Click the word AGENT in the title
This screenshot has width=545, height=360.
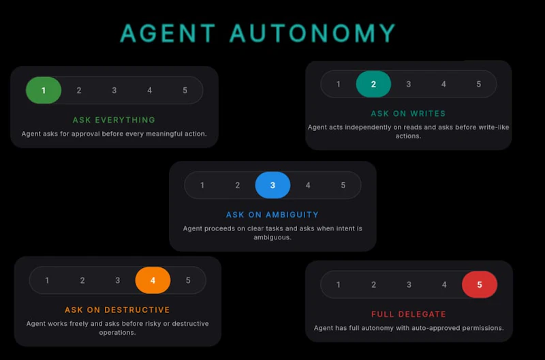[x=168, y=33]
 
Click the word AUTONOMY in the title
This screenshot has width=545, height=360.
[x=313, y=33]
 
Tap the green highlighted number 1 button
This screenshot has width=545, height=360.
[x=44, y=91]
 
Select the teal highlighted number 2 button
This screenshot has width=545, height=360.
[x=373, y=84]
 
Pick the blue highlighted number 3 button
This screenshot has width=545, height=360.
[x=272, y=185]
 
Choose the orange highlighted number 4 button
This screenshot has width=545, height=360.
[x=153, y=280]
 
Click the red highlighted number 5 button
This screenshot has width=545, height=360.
[x=480, y=285]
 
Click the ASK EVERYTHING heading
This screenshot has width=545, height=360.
[x=114, y=120]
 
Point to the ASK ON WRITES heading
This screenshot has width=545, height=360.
[x=408, y=114]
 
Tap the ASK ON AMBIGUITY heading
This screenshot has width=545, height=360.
[x=272, y=215]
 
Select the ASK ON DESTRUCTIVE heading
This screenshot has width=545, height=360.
[x=117, y=310]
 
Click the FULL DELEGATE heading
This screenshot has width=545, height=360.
[x=408, y=314]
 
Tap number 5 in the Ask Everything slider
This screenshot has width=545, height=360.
[x=185, y=91]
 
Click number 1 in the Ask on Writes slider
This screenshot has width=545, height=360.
[x=338, y=84]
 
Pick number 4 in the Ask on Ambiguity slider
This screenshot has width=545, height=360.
[x=308, y=185]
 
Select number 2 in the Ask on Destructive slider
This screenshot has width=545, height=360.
[x=82, y=280]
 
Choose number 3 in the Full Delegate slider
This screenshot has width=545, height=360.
[x=409, y=285]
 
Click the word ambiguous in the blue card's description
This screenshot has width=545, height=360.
[x=272, y=237]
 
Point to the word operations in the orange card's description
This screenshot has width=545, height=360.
[x=117, y=333]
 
